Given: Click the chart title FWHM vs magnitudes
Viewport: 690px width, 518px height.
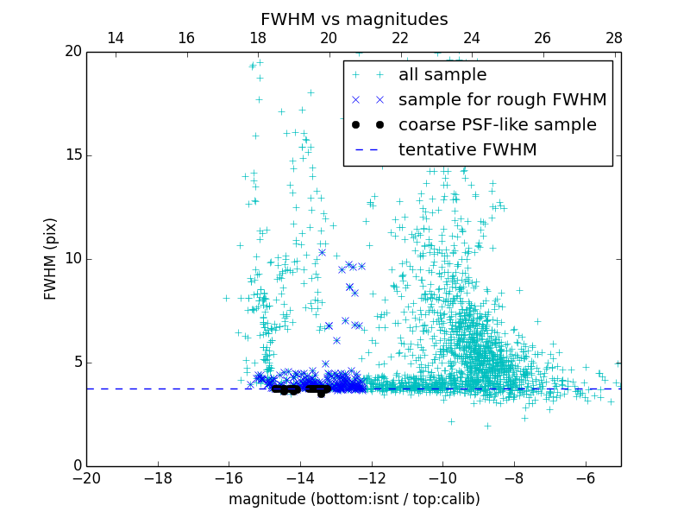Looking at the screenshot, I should tap(354, 19).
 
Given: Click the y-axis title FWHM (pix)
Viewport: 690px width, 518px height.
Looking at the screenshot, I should tap(51, 259).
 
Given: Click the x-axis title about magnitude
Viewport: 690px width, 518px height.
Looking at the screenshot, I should tap(354, 499).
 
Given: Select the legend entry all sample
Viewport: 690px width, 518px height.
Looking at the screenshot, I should tap(442, 75).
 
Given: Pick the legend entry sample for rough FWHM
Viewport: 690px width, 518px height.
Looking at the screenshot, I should tap(502, 100).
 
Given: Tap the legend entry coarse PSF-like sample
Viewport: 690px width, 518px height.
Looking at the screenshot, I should tap(497, 125).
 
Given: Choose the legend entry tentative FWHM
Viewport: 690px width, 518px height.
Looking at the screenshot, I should tap(467, 150).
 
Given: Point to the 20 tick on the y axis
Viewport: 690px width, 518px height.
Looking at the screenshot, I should tap(73, 52).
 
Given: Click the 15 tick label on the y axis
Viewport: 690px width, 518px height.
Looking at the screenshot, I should tap(73, 155).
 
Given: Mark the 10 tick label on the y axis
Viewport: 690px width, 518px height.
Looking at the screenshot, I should tap(73, 259).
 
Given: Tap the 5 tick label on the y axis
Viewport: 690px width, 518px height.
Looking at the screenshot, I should tap(77, 363).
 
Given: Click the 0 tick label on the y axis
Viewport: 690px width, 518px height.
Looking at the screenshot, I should tap(77, 466).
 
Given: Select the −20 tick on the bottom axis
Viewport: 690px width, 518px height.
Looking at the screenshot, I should tap(86, 477).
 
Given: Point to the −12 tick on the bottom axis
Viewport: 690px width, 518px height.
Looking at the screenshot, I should tap(371, 477).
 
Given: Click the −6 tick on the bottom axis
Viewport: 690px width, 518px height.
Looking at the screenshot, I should tap(585, 477).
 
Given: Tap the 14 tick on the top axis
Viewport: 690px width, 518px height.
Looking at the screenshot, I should tap(115, 38).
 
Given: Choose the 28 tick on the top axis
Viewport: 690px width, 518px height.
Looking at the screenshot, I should tap(614, 38).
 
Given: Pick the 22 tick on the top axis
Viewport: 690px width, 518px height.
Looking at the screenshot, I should tap(400, 38).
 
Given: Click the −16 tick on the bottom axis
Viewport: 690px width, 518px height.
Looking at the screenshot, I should tap(229, 477).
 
